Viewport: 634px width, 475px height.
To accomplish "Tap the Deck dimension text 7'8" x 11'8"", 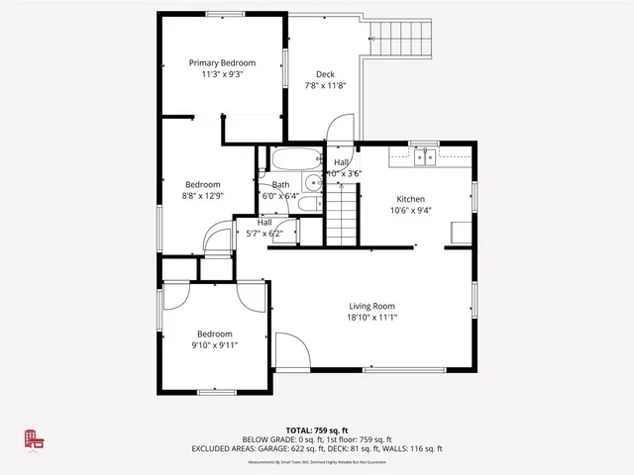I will [x=325, y=86].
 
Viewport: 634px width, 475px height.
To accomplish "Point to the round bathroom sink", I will [x=312, y=181].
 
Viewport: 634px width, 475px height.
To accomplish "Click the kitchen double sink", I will [x=425, y=156].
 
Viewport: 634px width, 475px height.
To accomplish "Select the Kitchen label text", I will [x=410, y=198].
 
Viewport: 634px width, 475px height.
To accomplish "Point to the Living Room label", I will [x=371, y=306].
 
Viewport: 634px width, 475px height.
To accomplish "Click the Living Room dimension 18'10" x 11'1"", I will [x=371, y=318].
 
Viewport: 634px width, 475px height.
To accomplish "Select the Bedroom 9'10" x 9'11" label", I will [x=214, y=334].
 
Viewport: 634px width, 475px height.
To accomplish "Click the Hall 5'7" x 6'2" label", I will [x=264, y=223].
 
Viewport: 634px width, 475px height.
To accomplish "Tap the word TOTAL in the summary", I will [x=286, y=430].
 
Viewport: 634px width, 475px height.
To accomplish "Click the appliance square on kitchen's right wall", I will [x=460, y=232].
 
